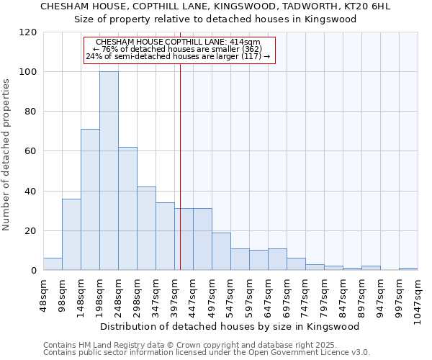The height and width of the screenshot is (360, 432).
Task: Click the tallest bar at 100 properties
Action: point(109,171)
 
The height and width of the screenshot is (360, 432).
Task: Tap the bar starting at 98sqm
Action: point(71,235)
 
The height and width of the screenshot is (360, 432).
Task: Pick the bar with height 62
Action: point(127,209)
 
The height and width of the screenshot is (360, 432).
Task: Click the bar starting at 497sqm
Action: point(221,251)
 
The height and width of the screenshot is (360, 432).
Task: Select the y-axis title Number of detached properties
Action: point(6,154)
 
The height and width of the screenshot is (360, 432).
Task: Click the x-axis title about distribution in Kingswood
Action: point(229,326)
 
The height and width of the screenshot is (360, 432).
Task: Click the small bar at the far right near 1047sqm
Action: point(408,269)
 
